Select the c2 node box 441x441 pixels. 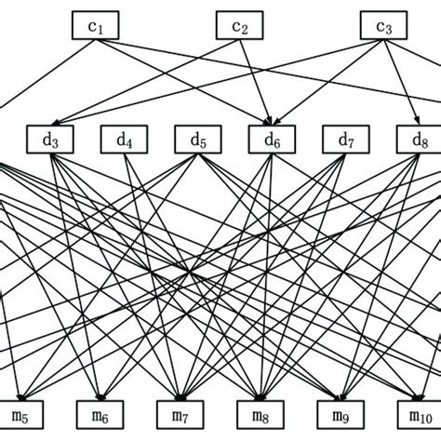click(240, 26)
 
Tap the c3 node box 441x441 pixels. click(383, 26)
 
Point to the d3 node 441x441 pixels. click(50, 140)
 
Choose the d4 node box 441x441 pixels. click(125, 140)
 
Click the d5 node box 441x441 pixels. click(198, 140)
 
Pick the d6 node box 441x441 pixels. click(273, 140)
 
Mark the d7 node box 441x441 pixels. click(346, 140)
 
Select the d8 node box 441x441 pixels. click(420, 140)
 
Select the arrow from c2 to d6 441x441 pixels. click(257, 84)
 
